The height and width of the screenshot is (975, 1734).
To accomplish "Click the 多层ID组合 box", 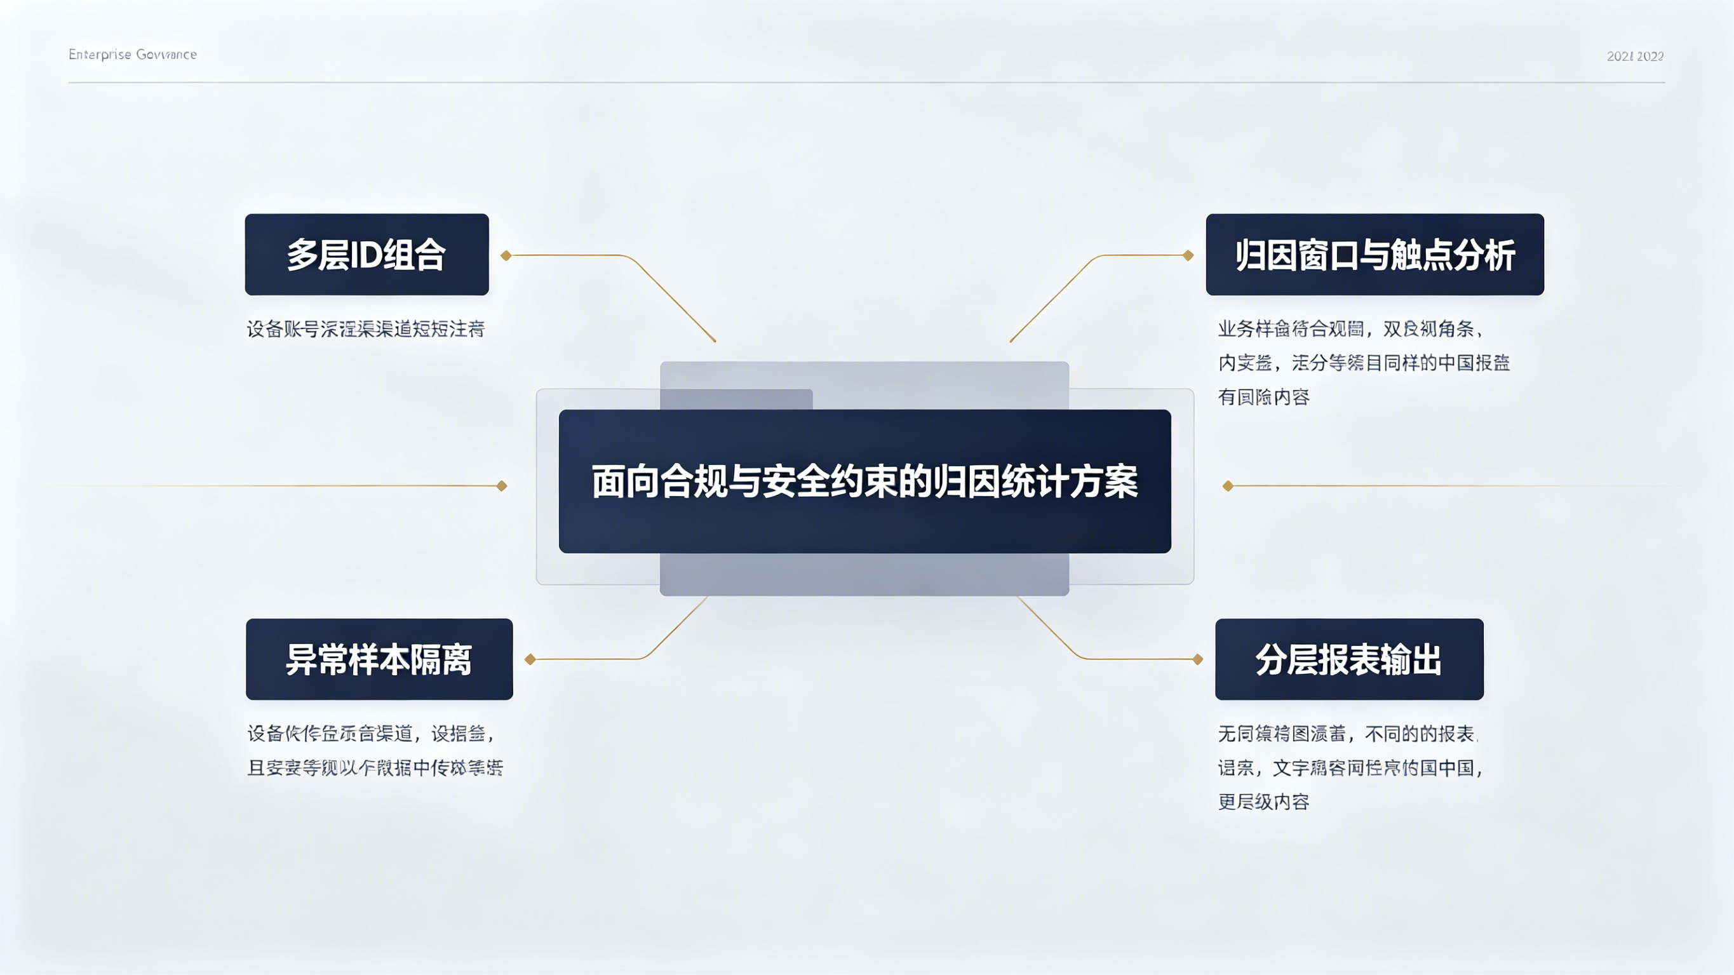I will click(x=367, y=255).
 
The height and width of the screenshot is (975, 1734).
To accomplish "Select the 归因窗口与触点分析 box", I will click(x=1374, y=255).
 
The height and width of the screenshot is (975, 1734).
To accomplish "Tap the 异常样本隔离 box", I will click(x=379, y=659).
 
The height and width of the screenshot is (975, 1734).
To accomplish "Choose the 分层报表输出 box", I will click(x=1349, y=659).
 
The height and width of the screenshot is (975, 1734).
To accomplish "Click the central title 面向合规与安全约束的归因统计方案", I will click(x=864, y=481).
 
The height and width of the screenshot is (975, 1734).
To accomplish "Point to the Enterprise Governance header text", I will click(x=133, y=55).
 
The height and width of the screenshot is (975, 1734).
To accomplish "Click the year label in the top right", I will click(x=1634, y=57).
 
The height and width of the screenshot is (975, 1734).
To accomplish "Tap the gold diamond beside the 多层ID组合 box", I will click(x=506, y=256).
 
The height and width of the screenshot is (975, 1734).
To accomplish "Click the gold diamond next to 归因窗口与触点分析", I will click(x=1188, y=256).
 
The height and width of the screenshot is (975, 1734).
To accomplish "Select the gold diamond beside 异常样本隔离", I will click(x=530, y=659).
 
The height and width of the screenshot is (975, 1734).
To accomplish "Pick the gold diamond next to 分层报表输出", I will click(x=1197, y=659).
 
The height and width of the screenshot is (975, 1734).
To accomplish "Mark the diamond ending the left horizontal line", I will click(x=502, y=486).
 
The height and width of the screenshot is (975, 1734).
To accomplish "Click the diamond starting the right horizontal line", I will click(x=1228, y=486).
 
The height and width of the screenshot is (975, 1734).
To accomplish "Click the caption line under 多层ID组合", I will click(x=365, y=329).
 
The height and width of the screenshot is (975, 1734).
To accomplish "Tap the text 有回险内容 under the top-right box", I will click(x=1263, y=397).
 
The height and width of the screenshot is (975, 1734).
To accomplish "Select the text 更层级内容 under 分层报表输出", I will click(x=1263, y=802).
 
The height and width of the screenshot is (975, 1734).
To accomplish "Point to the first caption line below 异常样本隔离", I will click(x=371, y=733).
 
